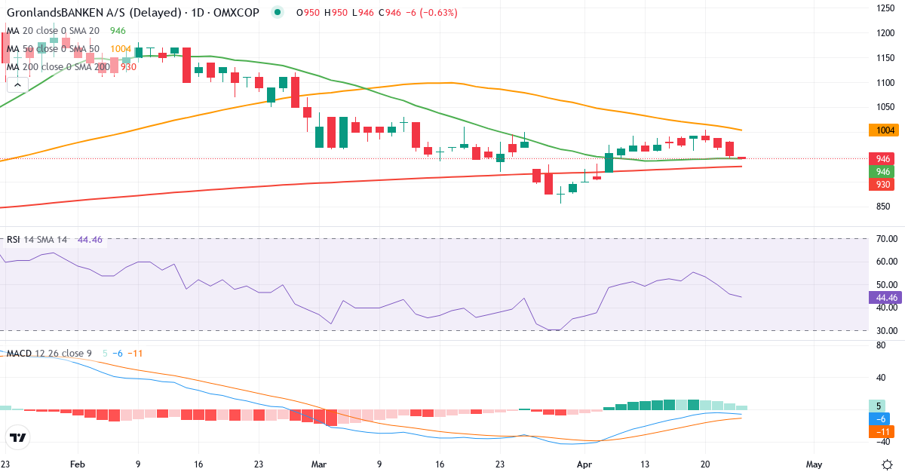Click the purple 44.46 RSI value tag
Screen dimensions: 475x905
pos(884,297)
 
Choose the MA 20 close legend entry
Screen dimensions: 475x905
pos(53,31)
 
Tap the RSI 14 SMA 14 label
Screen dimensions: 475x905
pos(37,240)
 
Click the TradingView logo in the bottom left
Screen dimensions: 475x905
pos(18,437)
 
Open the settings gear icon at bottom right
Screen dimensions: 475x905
pos(888,464)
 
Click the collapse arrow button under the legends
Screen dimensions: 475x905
pos(17,85)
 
